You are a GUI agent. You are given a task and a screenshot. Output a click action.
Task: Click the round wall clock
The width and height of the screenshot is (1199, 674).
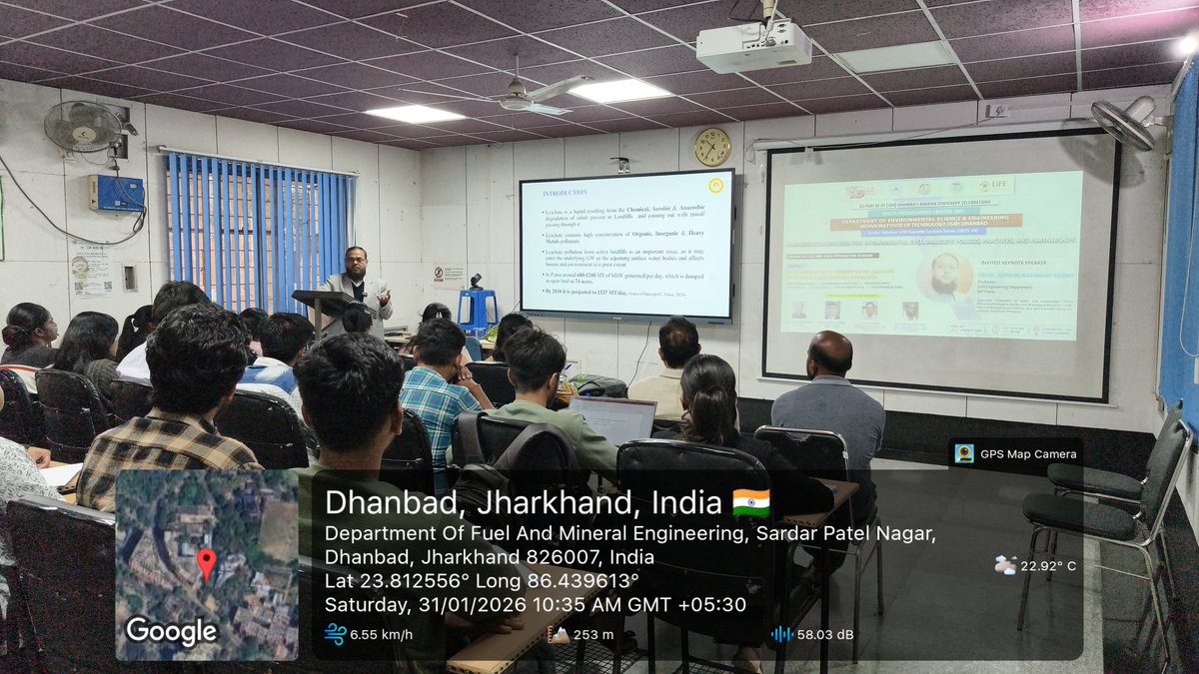[712, 147]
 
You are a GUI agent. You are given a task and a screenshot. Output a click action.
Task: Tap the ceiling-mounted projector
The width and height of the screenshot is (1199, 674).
[753, 44]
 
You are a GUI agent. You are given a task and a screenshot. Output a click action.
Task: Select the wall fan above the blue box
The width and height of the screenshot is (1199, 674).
[84, 126]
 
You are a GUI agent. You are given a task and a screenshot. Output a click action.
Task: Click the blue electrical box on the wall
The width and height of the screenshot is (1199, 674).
[116, 193]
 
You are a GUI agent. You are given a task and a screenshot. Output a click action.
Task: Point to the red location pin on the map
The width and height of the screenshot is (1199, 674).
[206, 563]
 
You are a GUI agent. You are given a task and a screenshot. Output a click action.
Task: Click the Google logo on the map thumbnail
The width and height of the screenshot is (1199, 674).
[171, 631]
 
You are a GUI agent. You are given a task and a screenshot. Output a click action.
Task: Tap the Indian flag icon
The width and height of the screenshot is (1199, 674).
[751, 501]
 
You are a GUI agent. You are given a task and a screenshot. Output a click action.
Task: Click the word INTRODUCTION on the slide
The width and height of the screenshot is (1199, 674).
[565, 192]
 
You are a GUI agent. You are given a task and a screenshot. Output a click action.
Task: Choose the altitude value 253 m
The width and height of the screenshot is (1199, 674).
[594, 634]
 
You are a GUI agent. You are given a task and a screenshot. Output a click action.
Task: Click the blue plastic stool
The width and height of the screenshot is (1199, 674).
[479, 309]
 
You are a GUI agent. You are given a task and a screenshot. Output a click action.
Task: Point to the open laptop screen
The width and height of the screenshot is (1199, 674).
[615, 419]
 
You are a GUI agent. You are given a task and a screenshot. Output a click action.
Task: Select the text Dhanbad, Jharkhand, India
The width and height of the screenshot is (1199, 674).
[524, 501]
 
